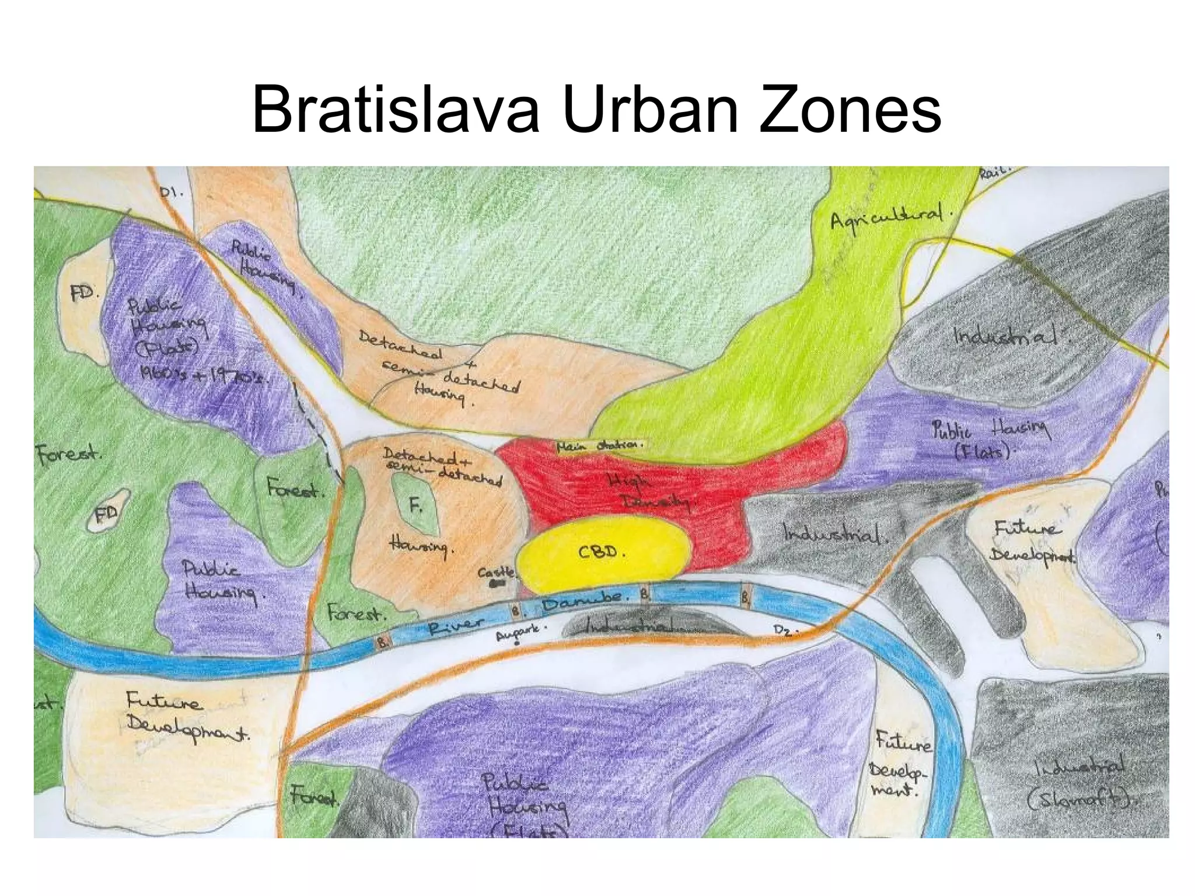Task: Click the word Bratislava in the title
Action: click(395, 109)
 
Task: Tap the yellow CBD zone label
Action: click(601, 552)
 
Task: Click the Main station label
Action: click(599, 445)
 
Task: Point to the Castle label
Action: click(497, 573)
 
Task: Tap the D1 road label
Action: click(172, 190)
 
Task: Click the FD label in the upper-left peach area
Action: click(83, 292)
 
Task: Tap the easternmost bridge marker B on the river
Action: click(745, 598)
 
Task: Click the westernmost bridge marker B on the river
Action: click(383, 642)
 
